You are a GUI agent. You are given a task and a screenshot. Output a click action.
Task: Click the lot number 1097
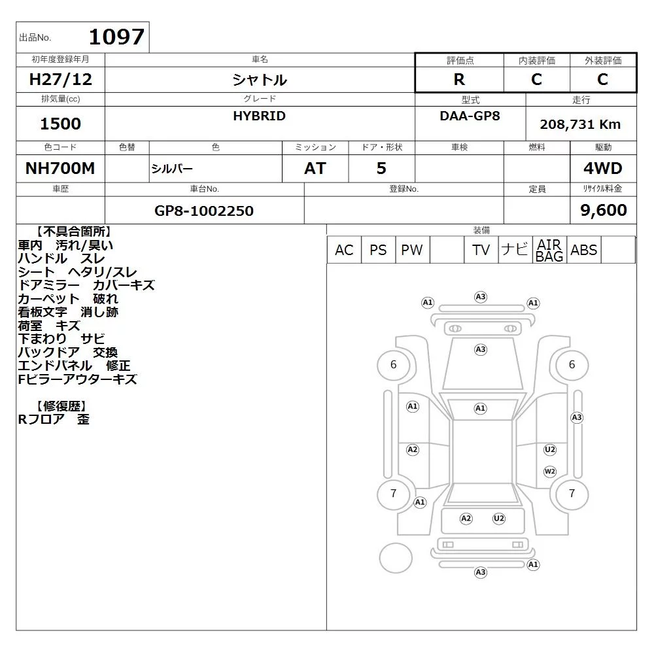point(117,37)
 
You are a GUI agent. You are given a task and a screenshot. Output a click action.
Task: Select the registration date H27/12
point(60,79)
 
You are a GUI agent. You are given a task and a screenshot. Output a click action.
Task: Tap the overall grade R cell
point(459,79)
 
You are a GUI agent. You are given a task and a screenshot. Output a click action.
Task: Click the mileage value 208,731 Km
point(580,124)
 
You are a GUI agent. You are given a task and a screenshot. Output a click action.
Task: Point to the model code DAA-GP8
point(470,116)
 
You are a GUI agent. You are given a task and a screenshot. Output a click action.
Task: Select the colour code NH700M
point(60,168)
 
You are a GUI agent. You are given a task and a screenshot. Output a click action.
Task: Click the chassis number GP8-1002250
point(204,211)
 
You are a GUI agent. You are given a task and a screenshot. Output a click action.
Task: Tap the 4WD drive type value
point(603,168)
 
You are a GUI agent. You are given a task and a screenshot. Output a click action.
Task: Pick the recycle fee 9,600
point(604,210)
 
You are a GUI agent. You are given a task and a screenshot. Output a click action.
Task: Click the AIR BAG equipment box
point(549,250)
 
